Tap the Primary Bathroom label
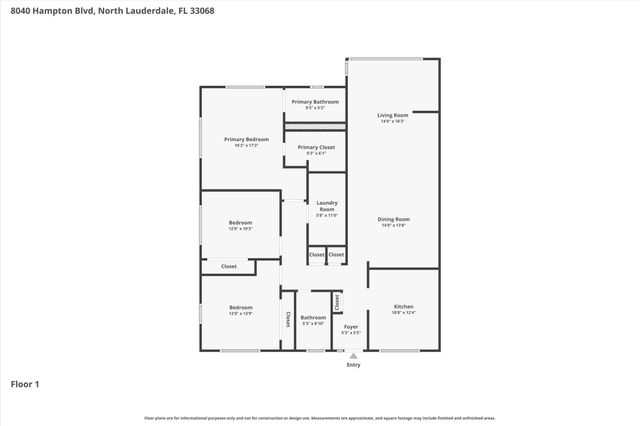(x=315, y=102)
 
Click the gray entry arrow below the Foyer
(x=353, y=355)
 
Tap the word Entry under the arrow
(x=353, y=365)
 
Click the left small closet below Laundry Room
(x=316, y=255)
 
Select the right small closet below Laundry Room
(x=336, y=255)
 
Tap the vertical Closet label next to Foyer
(x=337, y=300)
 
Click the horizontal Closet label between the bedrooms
(x=229, y=266)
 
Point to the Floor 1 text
(x=24, y=383)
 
